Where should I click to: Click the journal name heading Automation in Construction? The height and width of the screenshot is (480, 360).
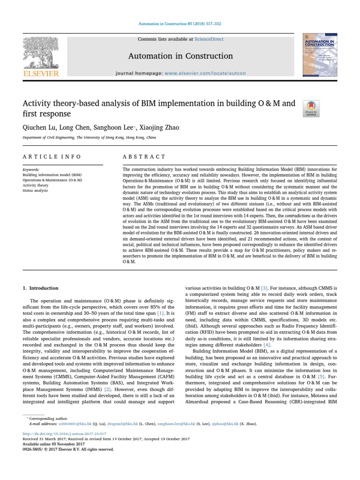point(181,56)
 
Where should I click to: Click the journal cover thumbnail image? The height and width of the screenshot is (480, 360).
point(320,56)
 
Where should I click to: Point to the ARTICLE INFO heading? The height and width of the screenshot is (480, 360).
point(52,157)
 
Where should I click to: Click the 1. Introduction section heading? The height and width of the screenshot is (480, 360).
point(41,288)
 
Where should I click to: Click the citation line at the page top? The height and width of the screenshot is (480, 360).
point(180,23)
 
